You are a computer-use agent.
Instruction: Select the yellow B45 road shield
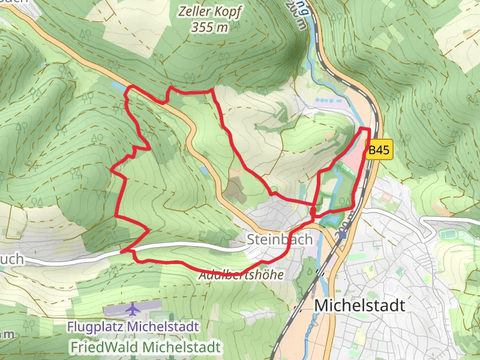click(379, 151)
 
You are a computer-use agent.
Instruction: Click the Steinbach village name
click(280, 239)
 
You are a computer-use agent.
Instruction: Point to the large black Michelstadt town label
click(359, 305)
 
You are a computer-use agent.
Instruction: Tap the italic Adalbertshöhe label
click(241, 275)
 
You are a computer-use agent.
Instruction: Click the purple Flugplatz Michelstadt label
click(133, 328)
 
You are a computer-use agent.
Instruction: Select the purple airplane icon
click(133, 310)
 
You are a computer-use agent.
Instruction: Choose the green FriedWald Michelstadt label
click(145, 347)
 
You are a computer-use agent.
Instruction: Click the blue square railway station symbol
click(342, 235)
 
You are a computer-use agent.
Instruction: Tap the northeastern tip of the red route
click(365, 128)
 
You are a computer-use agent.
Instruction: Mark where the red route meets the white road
click(122, 252)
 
